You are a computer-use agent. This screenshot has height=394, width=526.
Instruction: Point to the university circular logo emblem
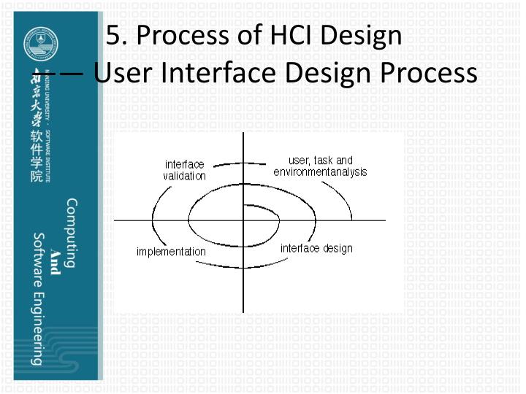pos(37,43)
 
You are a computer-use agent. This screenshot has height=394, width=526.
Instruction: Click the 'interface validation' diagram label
pos(184,170)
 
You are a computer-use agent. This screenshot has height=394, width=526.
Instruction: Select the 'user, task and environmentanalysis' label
pos(320,166)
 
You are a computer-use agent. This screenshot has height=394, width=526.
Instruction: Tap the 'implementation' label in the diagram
pos(171,252)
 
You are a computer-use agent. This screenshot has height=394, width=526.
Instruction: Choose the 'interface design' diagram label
pos(316,248)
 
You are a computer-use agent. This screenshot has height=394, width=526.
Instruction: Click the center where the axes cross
pos(243,220)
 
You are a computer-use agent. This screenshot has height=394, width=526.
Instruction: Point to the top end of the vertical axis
pos(243,134)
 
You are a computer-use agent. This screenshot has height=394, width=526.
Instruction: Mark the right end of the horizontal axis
pos(385,220)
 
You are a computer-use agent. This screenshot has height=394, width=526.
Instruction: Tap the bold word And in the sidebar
pos(56,258)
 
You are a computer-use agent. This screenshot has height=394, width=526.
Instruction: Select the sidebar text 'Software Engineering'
pos(38,298)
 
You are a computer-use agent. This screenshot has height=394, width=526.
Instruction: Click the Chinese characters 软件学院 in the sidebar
pos(36,157)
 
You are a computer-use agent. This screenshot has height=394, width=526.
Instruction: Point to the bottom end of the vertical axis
pos(243,312)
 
